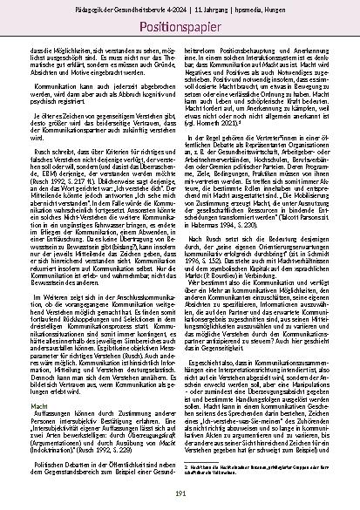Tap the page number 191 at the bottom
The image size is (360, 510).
[x=180, y=494]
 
